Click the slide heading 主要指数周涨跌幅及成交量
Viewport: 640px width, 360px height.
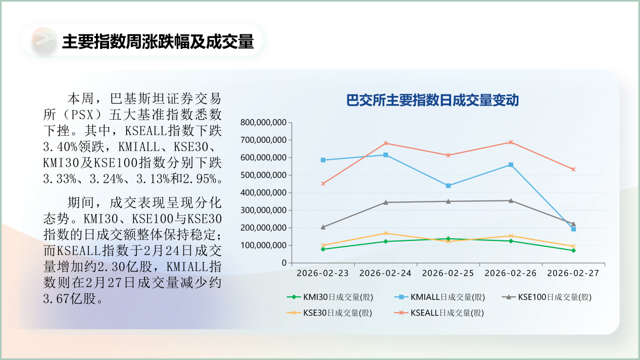pos(158,41)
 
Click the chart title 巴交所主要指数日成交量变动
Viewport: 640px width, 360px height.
pos(432,100)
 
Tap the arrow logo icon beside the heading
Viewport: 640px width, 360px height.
pos(44,40)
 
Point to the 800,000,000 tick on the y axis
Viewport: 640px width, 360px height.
pos(263,122)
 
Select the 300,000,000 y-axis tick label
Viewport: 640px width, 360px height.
pos(263,210)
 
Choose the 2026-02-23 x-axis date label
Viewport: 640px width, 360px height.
pos(323,273)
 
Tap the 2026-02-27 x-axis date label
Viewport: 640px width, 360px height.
pos(573,273)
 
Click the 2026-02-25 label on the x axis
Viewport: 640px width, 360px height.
pos(448,273)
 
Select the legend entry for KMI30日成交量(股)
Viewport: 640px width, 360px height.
pos(330,297)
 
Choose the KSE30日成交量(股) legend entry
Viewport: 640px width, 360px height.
pos(330,313)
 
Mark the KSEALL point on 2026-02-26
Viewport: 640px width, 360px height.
pos(511,142)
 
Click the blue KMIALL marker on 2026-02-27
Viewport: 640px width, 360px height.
pos(573,229)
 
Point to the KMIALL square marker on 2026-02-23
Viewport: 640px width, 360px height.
pos(323,160)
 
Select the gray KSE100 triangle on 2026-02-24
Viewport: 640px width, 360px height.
pos(385,202)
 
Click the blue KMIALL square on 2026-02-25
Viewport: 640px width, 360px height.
pos(448,186)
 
